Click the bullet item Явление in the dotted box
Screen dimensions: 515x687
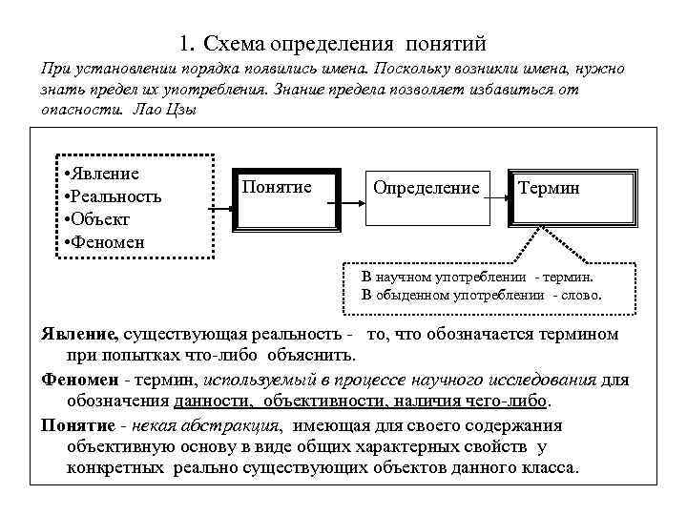[x=104, y=174]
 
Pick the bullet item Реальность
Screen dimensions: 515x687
[x=114, y=196]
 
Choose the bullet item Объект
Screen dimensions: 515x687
[x=104, y=219]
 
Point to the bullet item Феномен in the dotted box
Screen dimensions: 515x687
[x=107, y=242]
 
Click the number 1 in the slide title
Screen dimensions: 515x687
[x=182, y=44]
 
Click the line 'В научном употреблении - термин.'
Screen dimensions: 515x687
[x=477, y=277]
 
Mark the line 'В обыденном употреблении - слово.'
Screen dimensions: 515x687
[x=482, y=295]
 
